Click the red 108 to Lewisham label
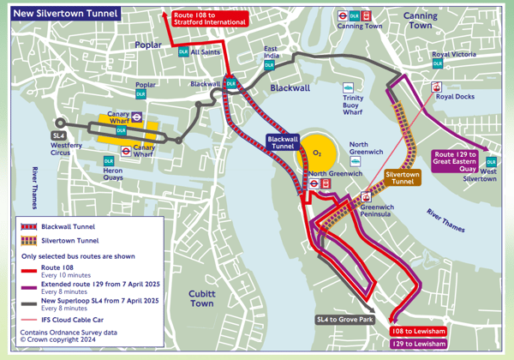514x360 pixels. click(x=417, y=330)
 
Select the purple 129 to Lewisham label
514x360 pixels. click(x=417, y=344)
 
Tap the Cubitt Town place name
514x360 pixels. click(x=202, y=298)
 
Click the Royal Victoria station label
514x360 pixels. click(x=452, y=55)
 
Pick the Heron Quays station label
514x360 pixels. click(x=108, y=175)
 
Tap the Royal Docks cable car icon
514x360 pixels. click(x=437, y=87)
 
